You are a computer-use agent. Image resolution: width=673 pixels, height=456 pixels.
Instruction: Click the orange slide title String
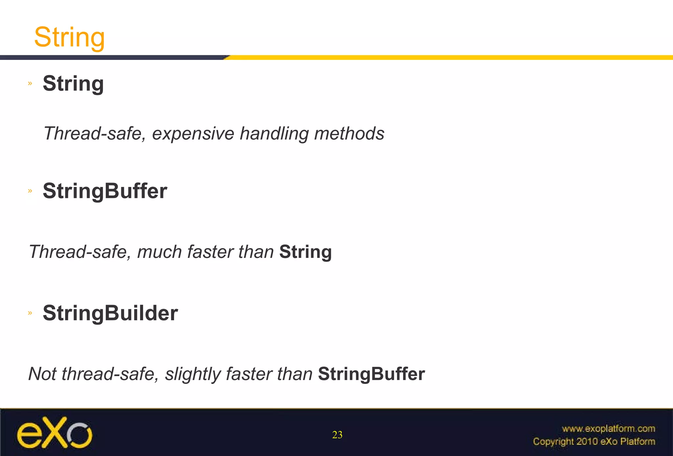pyautogui.click(x=69, y=38)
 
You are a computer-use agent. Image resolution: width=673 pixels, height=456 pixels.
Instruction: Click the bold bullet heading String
pyautogui.click(x=73, y=84)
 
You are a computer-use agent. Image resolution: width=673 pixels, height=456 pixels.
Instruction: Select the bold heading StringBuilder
pyautogui.click(x=110, y=313)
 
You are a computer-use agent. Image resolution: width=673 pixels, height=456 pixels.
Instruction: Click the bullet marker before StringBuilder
pyautogui.click(x=30, y=313)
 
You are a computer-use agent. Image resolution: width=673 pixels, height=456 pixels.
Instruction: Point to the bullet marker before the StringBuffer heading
pyautogui.click(x=30, y=191)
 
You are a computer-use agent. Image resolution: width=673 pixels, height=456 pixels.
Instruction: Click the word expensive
pyautogui.click(x=193, y=134)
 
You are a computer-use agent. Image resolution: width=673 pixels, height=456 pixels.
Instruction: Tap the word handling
pyautogui.click(x=274, y=134)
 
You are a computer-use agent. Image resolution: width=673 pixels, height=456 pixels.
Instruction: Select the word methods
pyautogui.click(x=349, y=134)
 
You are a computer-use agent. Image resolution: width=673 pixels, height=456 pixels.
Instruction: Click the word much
pyautogui.click(x=159, y=252)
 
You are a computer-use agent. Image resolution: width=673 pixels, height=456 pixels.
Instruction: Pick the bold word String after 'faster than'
pyautogui.click(x=305, y=252)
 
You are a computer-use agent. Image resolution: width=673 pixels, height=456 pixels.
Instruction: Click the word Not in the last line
pyautogui.click(x=42, y=374)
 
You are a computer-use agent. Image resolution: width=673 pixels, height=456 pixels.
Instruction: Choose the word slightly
pyautogui.click(x=193, y=374)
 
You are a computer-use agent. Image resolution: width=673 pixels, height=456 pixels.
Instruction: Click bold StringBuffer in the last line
pyautogui.click(x=371, y=374)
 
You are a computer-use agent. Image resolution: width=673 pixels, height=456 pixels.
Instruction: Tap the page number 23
pyautogui.click(x=337, y=435)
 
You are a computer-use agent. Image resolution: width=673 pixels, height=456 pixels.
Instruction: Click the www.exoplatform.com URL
pyautogui.click(x=608, y=429)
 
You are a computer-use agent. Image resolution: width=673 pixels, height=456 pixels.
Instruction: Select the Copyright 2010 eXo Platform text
pyautogui.click(x=594, y=442)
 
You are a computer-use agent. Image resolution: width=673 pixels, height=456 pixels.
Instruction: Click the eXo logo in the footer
pyautogui.click(x=55, y=433)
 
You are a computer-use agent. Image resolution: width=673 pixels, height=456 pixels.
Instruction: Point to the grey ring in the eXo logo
pyautogui.click(x=79, y=435)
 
